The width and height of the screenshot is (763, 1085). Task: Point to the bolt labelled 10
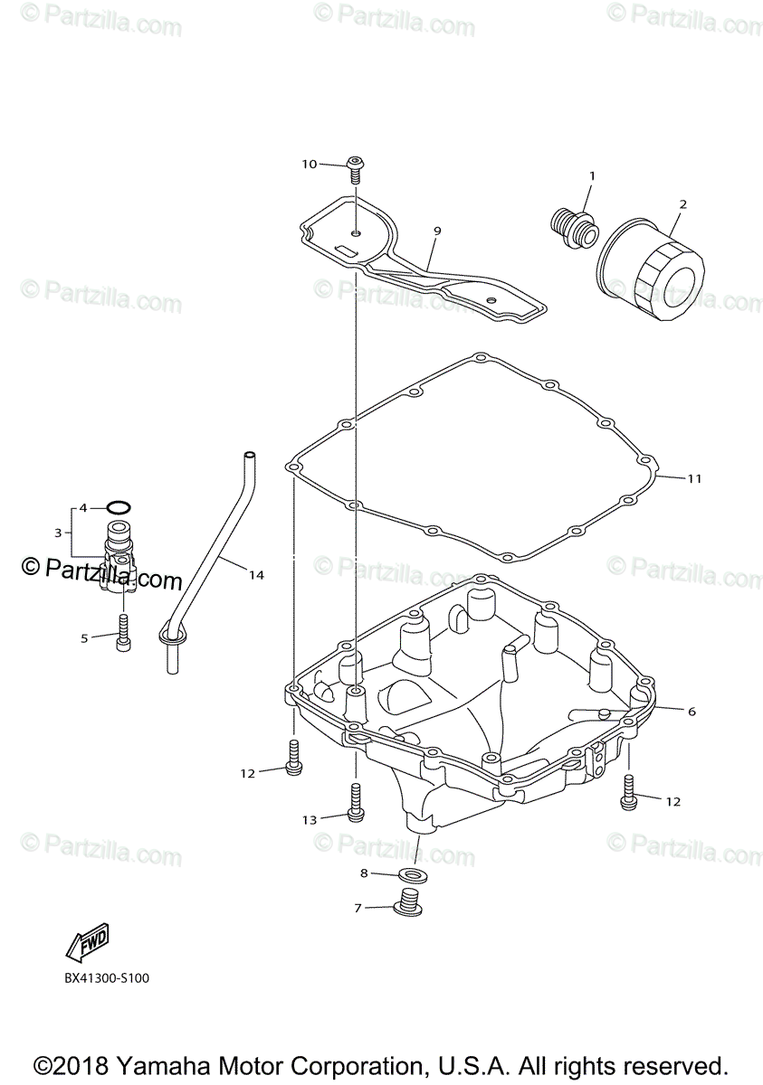[356, 165]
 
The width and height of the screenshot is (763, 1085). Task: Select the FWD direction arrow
[88, 944]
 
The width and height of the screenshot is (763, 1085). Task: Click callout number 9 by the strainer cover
[436, 231]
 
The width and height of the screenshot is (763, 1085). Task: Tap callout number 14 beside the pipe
[256, 575]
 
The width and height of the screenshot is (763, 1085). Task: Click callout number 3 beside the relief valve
[57, 533]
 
